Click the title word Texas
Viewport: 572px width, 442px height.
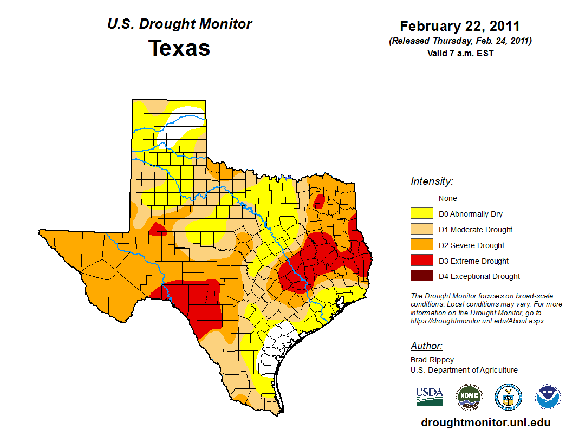[x=179, y=48]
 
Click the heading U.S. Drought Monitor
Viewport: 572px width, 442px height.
[x=179, y=24]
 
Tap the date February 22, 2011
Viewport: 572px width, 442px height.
[x=460, y=26]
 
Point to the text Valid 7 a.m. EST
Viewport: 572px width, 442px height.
[x=460, y=53]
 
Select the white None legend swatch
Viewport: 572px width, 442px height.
[x=421, y=198]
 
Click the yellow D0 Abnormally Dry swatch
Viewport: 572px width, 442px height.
[x=421, y=213]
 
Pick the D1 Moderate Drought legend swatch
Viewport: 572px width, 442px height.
[x=421, y=229]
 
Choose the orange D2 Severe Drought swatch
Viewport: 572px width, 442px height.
[x=421, y=245]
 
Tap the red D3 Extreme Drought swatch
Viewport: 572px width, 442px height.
[x=421, y=261]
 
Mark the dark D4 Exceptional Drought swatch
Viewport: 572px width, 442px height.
[x=421, y=276]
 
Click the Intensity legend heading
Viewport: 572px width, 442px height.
[x=432, y=181]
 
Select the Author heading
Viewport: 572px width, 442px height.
[x=426, y=346]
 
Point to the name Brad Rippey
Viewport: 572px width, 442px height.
[x=432, y=360]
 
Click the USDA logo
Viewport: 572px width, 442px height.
[x=430, y=396]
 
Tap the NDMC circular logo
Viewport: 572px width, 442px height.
[x=469, y=397]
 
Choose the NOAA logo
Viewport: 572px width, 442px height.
[x=548, y=397]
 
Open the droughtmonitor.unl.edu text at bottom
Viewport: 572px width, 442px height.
[x=485, y=423]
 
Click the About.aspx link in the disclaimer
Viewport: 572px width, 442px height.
[x=477, y=321]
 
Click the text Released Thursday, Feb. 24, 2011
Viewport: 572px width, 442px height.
[x=460, y=41]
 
